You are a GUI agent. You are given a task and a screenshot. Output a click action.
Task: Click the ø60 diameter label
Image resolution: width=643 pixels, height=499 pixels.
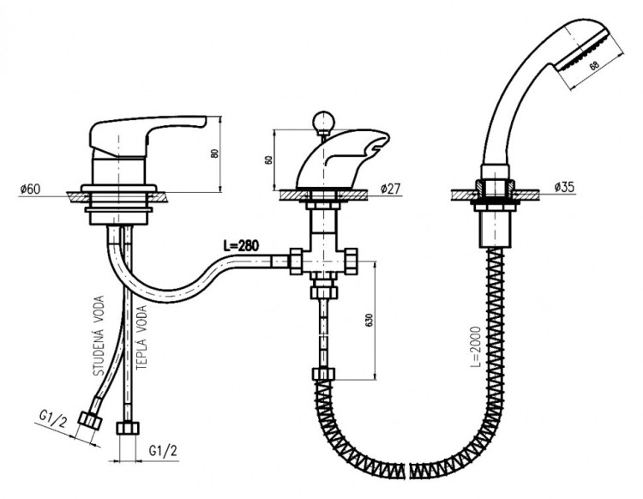30,189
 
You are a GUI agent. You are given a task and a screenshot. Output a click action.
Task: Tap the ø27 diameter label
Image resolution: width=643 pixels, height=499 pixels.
390,189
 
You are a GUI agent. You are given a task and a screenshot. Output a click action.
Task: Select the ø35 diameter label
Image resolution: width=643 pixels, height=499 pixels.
565,187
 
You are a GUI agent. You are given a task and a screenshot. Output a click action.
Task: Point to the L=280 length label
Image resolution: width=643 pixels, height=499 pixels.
241,245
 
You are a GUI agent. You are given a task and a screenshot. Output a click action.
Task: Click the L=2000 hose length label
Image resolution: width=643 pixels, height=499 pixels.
475,347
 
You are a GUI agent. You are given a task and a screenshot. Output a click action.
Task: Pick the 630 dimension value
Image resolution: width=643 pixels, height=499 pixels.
369,320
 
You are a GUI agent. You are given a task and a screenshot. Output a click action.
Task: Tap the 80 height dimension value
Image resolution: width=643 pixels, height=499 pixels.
214,153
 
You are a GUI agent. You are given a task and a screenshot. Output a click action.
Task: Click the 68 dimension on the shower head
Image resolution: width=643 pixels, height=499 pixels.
594,66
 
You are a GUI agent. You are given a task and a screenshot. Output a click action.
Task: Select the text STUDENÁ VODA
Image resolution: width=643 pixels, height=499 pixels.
99,336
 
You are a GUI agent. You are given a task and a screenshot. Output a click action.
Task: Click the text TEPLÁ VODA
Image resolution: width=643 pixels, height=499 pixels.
141,338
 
